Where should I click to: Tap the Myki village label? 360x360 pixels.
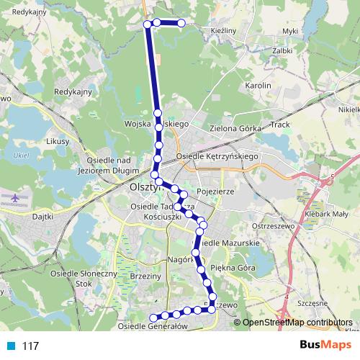[290, 31]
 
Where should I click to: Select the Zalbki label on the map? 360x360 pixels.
[282, 50]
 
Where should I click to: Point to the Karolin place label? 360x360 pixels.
[258, 85]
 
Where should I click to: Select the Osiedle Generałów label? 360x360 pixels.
[153, 326]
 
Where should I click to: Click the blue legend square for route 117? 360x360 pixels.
[11, 346]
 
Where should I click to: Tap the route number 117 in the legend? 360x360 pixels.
[30, 346]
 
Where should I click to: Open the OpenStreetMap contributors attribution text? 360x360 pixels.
[297, 322]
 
